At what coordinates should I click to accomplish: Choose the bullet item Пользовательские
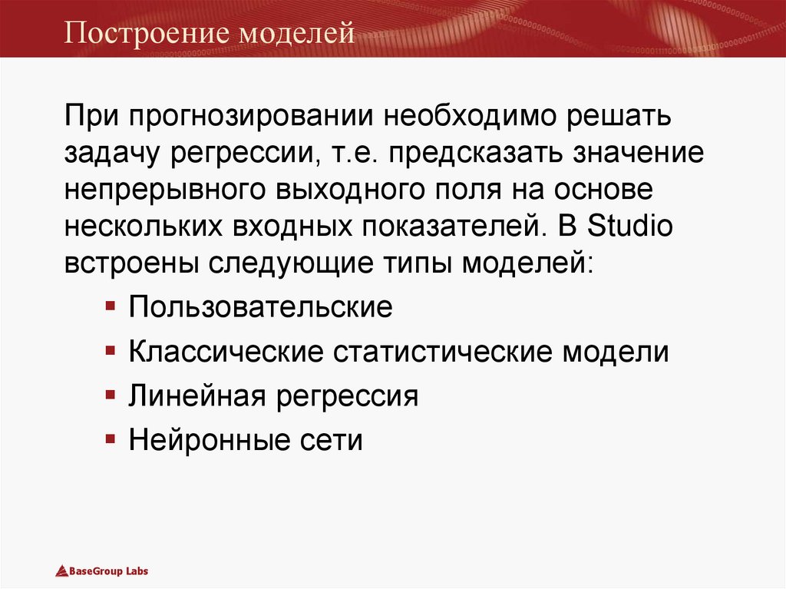point(261,308)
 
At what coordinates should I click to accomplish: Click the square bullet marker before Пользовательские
point(111,306)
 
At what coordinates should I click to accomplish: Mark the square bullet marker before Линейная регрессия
point(111,395)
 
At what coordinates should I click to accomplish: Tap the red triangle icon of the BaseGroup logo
point(61,571)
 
